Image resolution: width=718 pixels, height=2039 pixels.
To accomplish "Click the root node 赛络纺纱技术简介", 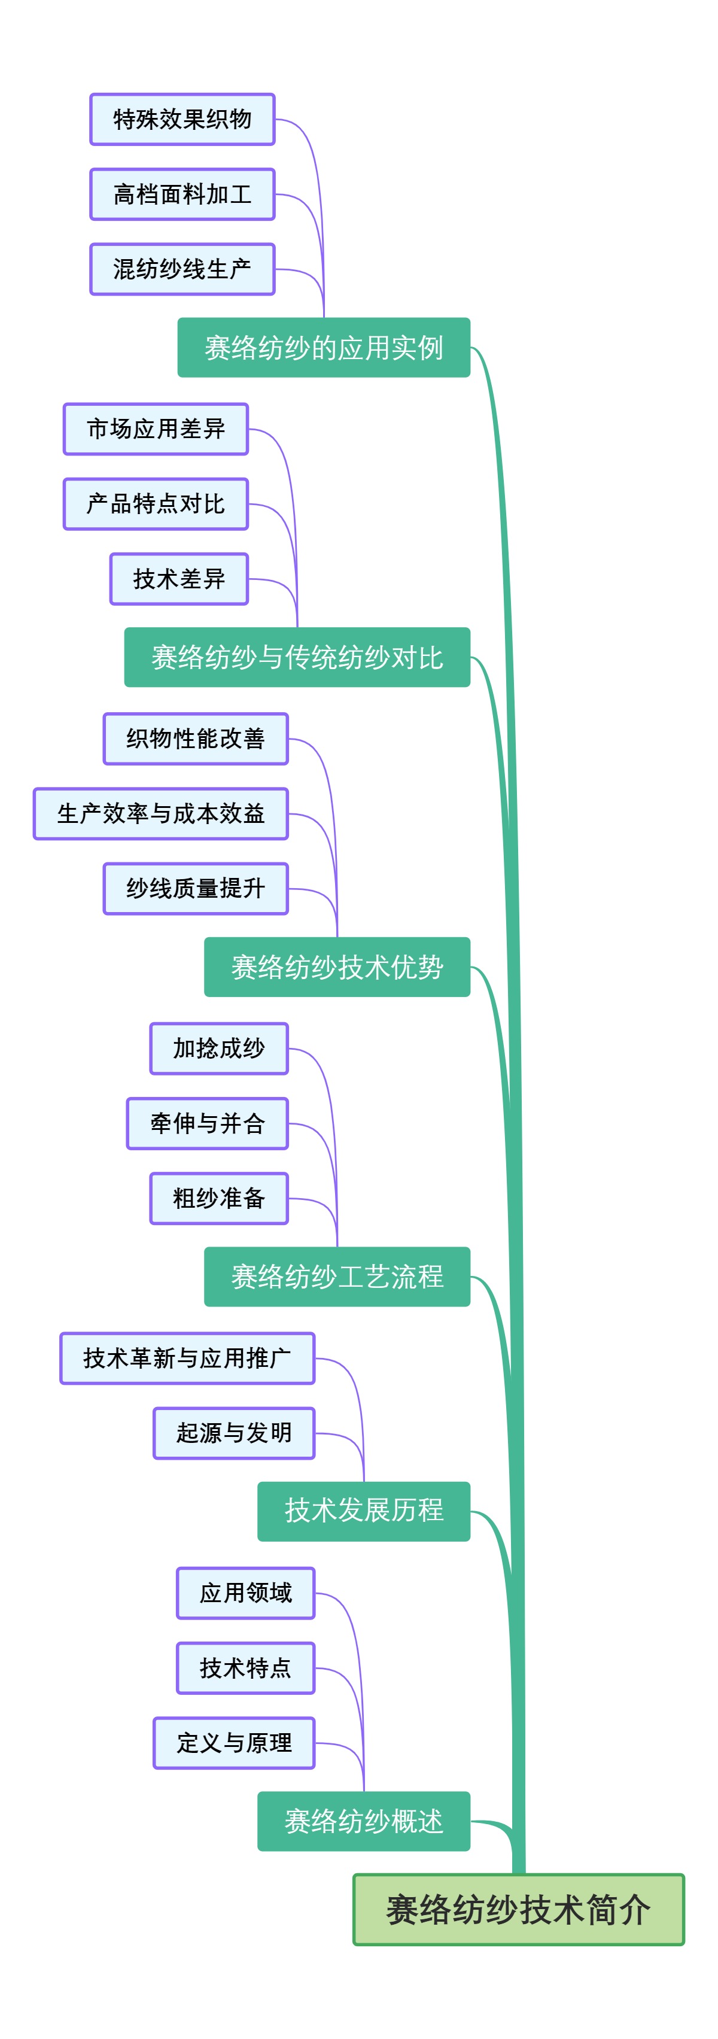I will (519, 1909).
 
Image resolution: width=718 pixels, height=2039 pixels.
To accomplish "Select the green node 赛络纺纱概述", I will (363, 1821).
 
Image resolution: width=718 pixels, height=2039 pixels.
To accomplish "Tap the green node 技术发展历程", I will (363, 1511).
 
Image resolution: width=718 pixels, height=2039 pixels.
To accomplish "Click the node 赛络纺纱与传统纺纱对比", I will (297, 657).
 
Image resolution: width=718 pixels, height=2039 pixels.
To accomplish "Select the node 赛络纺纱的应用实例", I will (323, 348).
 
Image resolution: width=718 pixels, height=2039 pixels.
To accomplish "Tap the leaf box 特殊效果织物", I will (182, 120).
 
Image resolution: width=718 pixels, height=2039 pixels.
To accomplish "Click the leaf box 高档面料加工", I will (182, 194).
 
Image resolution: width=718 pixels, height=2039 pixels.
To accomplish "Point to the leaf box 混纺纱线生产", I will (182, 269).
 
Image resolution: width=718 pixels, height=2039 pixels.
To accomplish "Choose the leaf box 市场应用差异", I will (156, 429).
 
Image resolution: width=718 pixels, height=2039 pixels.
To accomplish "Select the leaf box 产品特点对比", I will (156, 503).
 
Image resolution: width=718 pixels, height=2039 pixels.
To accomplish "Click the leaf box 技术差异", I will (179, 579).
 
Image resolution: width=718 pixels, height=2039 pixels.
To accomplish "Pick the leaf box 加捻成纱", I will (218, 1048).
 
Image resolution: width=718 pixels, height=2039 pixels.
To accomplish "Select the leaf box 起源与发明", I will (235, 1433).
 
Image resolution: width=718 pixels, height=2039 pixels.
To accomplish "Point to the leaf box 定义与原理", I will (235, 1742).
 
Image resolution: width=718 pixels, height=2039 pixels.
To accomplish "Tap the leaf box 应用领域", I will (245, 1593).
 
